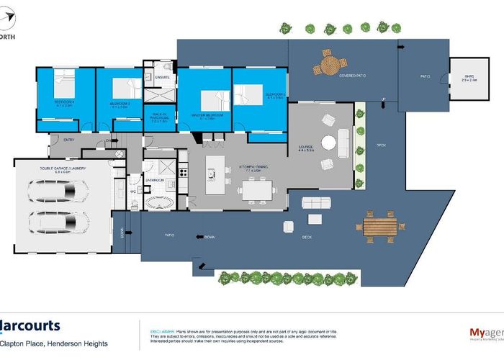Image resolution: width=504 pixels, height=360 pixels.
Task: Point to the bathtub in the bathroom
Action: tap(158, 202)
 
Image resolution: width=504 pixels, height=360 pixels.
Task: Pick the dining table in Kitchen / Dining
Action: tap(257, 190)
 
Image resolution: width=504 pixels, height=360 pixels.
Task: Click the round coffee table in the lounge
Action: tap(328, 143)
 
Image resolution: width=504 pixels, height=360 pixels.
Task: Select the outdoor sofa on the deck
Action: tap(316, 202)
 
